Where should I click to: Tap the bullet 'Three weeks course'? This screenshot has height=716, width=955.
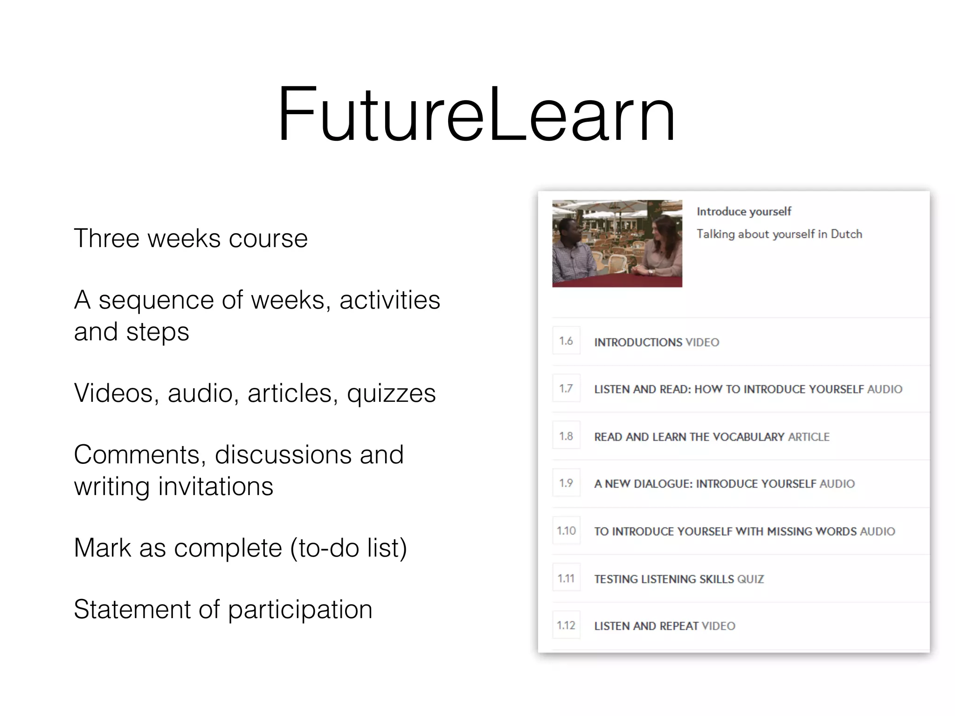(x=191, y=238)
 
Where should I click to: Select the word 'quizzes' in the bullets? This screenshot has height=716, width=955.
(x=391, y=393)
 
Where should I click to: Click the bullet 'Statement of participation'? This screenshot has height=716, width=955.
(x=223, y=609)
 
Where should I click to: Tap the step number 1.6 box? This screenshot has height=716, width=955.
(x=566, y=341)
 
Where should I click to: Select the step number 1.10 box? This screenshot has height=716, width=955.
(x=566, y=530)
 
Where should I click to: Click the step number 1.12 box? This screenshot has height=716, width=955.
(x=566, y=625)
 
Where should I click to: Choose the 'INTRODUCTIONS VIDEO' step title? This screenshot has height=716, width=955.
(x=657, y=342)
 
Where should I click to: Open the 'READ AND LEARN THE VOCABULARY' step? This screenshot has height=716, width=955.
(x=689, y=437)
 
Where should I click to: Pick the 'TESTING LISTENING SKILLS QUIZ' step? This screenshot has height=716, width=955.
(x=679, y=579)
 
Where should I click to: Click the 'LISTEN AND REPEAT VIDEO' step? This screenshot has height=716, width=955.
(x=664, y=626)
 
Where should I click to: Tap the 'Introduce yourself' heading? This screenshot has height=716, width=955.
(x=744, y=212)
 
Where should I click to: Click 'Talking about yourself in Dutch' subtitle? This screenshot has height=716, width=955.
(x=779, y=234)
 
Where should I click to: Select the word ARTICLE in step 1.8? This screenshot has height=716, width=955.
(x=809, y=437)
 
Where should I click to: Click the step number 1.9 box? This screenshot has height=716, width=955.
(x=566, y=483)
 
